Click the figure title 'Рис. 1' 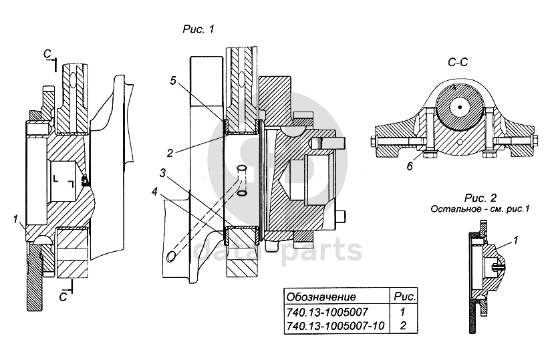point(198,29)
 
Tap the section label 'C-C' point(458,62)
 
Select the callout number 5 point(172,81)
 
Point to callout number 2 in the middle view point(170,153)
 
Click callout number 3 point(162,173)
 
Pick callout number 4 point(154,192)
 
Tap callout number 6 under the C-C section point(410,166)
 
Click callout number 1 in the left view point(15,220)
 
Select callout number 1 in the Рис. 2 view point(516,240)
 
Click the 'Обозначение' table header point(321,297)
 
